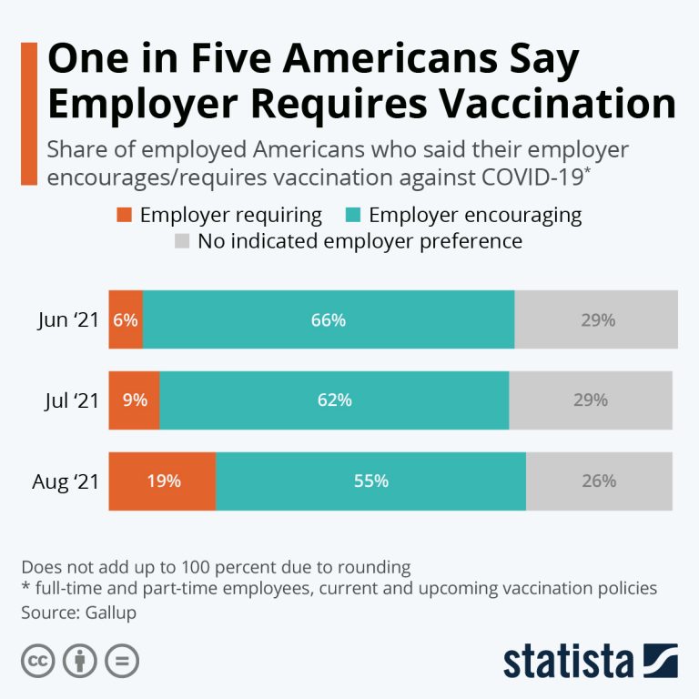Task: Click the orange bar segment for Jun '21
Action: tap(126, 319)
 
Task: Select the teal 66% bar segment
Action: tap(328, 319)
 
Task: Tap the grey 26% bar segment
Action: tap(599, 481)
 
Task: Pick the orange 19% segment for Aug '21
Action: tap(162, 481)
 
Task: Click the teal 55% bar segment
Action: tap(370, 481)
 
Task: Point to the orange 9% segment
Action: tap(134, 400)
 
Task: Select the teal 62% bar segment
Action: tap(334, 400)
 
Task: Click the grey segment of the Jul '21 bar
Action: tap(590, 400)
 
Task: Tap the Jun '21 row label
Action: tap(66, 320)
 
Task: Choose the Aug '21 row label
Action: tap(64, 481)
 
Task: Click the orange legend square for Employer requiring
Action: tap(125, 216)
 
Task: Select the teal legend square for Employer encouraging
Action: tap(353, 216)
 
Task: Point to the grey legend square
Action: tap(183, 242)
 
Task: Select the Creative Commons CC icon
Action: tap(36, 661)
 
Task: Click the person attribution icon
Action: tap(79, 661)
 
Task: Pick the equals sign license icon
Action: tap(122, 661)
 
